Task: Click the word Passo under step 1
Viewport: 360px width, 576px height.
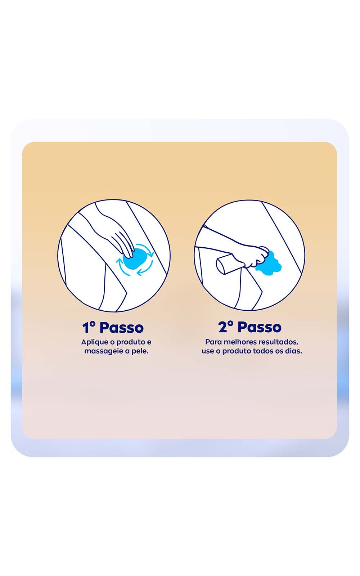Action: [x=122, y=327]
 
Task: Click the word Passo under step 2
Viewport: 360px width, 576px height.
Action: [x=260, y=327]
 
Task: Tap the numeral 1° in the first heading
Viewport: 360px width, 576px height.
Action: [x=89, y=327]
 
